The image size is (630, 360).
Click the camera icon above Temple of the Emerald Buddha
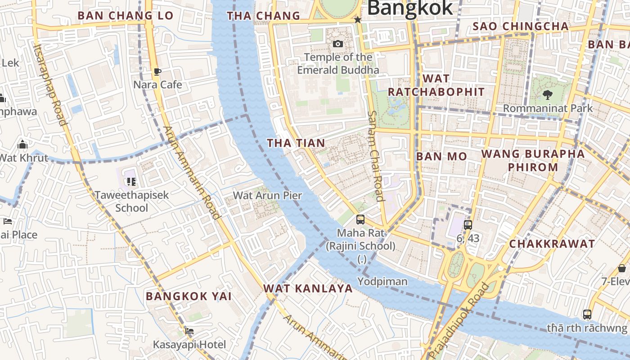(x=338, y=44)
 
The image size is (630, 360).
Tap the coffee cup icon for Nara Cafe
(x=157, y=72)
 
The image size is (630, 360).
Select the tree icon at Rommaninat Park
(x=548, y=94)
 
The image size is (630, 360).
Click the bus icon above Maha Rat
(x=360, y=220)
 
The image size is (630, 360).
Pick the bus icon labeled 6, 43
(x=468, y=225)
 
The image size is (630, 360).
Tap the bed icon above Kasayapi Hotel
(x=189, y=331)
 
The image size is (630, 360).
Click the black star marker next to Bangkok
(x=358, y=20)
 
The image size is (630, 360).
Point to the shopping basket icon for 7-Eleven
(x=622, y=268)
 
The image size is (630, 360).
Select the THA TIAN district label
(x=296, y=143)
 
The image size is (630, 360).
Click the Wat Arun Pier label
(x=267, y=195)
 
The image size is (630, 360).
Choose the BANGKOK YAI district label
(x=189, y=296)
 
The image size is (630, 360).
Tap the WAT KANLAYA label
(x=308, y=288)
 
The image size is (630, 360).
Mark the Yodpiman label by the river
(x=382, y=282)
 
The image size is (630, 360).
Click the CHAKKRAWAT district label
(x=552, y=244)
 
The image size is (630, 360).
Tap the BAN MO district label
(x=441, y=157)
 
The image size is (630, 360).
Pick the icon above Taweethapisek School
(x=131, y=182)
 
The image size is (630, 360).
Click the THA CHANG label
(x=264, y=16)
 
